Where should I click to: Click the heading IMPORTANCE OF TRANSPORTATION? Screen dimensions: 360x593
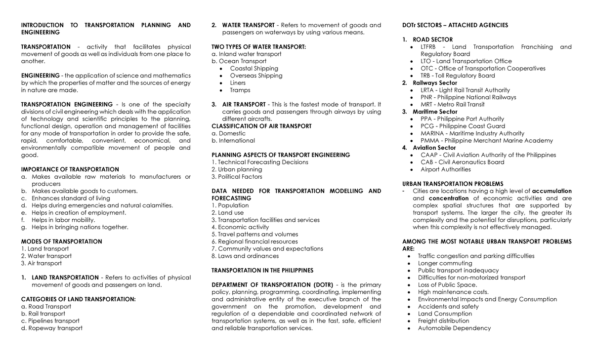click(x=70, y=169)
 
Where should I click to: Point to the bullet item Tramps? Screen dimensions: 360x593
click(x=240, y=90)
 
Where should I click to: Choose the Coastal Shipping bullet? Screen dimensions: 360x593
click(x=254, y=68)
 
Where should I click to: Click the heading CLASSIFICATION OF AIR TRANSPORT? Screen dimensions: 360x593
click(x=261, y=126)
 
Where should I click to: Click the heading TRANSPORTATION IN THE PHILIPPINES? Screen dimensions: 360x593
click(x=262, y=271)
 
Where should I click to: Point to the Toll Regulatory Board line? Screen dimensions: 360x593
click(x=458, y=76)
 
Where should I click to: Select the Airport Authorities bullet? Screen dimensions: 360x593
click(x=445, y=169)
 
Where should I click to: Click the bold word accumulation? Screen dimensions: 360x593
click(x=551, y=191)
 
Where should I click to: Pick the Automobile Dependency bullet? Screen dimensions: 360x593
click(x=454, y=328)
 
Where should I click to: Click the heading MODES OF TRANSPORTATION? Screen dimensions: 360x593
click(x=61, y=241)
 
